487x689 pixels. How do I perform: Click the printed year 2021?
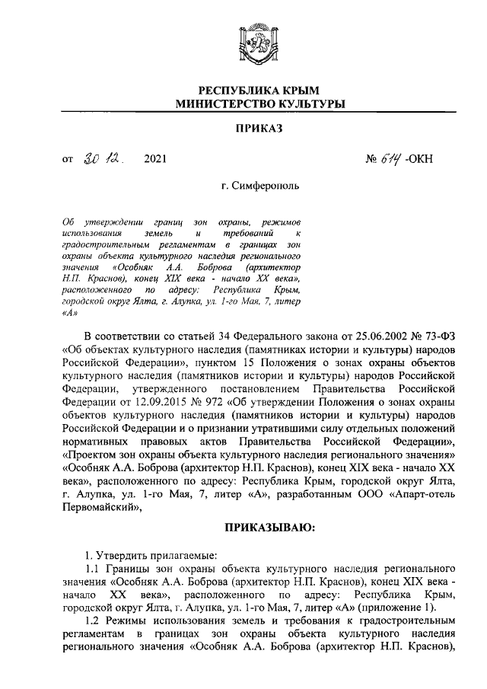153,160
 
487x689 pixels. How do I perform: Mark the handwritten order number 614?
393,159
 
